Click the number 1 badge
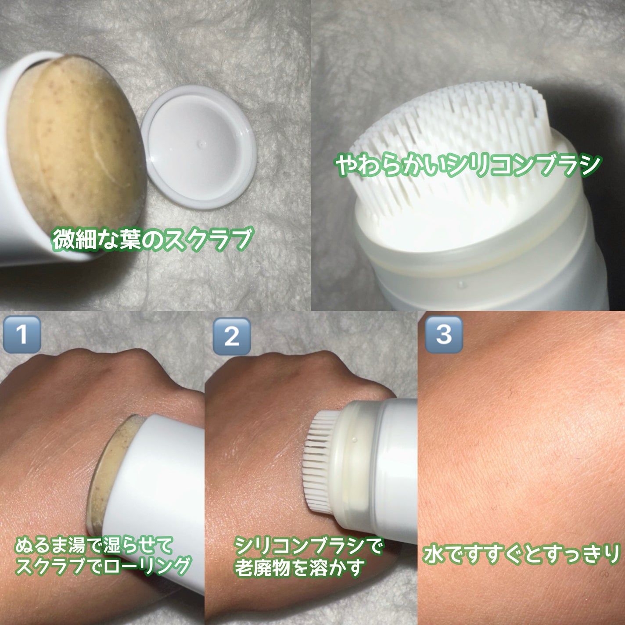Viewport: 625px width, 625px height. (22, 334)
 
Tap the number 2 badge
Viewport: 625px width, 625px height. (232, 336)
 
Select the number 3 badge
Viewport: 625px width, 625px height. (444, 334)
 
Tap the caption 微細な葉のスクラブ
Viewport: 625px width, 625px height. (152, 240)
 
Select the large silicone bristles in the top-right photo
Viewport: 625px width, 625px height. (451, 140)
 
